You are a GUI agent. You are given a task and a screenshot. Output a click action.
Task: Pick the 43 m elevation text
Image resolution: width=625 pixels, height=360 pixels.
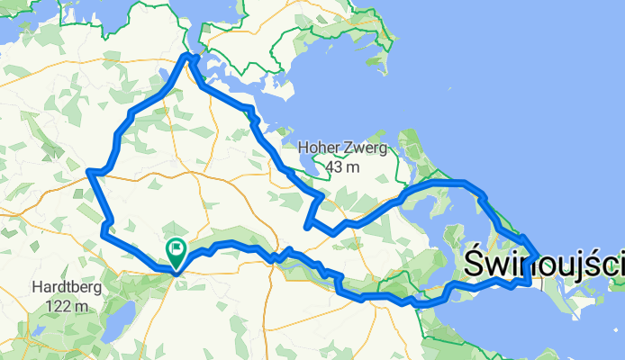pyautogui.click(x=342, y=167)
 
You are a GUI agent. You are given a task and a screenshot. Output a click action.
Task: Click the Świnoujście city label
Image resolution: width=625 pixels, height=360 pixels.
pyautogui.click(x=545, y=264)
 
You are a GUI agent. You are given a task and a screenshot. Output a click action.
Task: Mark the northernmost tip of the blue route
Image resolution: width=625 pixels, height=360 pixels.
pyautogui.click(x=190, y=56)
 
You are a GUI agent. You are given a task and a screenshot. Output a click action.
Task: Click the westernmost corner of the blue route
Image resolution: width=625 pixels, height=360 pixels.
pyautogui.click(x=88, y=171)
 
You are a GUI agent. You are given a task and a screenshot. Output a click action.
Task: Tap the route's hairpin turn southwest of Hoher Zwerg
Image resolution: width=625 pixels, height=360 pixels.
pyautogui.click(x=308, y=225)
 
